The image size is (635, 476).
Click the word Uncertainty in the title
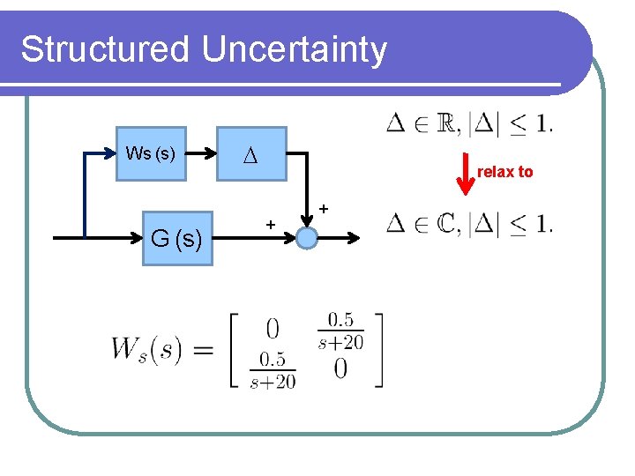click(x=294, y=51)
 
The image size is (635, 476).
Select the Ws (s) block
click(x=151, y=153)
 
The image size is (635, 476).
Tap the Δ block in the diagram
click(x=252, y=153)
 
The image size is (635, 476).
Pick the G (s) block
click(x=176, y=238)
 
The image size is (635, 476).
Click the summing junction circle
click(x=307, y=238)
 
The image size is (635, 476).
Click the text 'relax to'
click(x=504, y=172)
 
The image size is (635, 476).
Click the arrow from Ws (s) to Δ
click(x=202, y=153)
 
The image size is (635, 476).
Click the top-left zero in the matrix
click(x=273, y=329)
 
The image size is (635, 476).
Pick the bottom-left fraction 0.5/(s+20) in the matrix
click(x=273, y=371)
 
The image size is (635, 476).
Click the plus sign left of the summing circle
click(x=271, y=226)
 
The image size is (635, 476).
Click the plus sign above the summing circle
click(x=324, y=209)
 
